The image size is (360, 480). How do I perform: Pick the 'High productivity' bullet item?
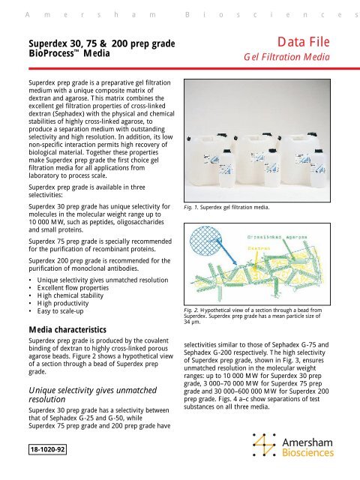coord(63,302)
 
